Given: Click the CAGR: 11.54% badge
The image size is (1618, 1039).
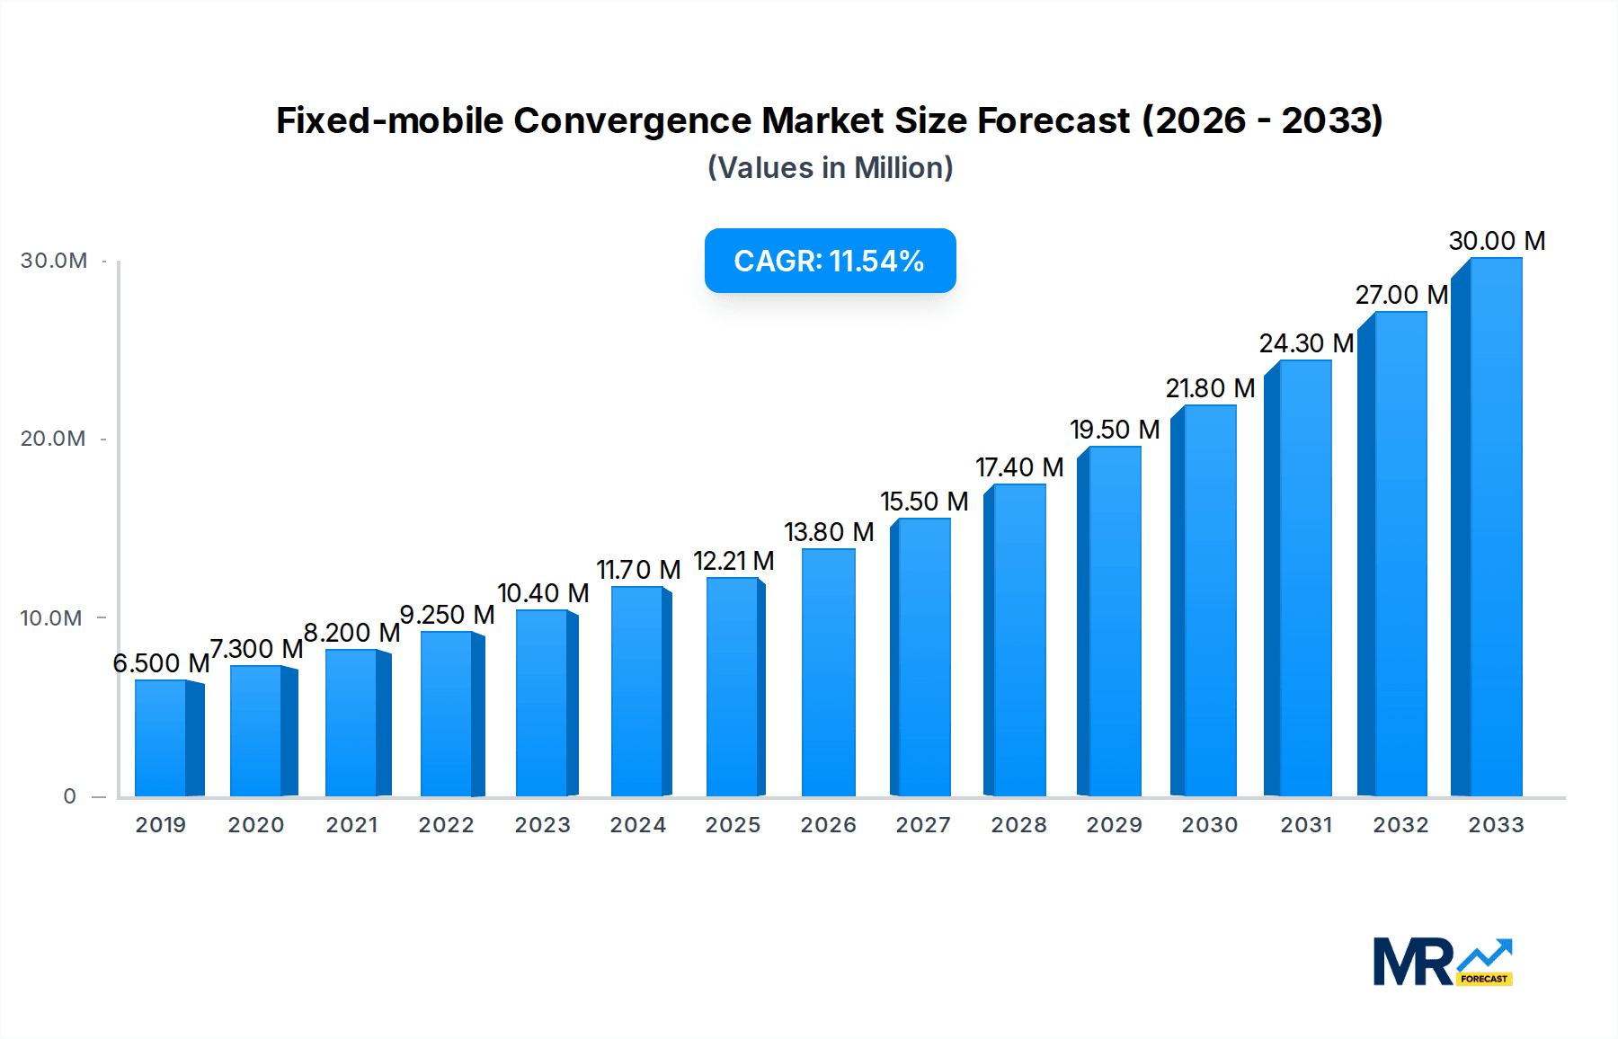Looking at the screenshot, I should pyautogui.click(x=830, y=261).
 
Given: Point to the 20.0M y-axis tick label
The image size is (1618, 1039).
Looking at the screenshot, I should pyautogui.click(x=53, y=439).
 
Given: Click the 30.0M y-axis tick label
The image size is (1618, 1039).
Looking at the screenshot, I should pyautogui.click(x=53, y=261).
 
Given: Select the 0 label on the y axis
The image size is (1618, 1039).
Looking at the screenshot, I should pyautogui.click(x=69, y=796).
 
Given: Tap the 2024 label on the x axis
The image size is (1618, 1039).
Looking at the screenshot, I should pyautogui.click(x=637, y=825).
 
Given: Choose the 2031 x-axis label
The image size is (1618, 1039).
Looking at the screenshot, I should pyautogui.click(x=1305, y=825).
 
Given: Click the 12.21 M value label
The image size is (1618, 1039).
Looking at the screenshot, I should pyautogui.click(x=733, y=561).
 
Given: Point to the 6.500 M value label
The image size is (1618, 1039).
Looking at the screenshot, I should pyautogui.click(x=161, y=663).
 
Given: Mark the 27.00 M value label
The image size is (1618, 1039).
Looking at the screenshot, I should pyautogui.click(x=1401, y=295).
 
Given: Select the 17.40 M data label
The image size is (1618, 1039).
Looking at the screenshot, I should pyautogui.click(x=1019, y=467).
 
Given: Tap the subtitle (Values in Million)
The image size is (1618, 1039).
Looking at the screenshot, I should pyautogui.click(x=830, y=168).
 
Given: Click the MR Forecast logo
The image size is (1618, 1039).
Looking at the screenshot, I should pyautogui.click(x=1442, y=962).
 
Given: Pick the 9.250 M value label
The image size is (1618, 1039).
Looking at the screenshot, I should pyautogui.click(x=447, y=615).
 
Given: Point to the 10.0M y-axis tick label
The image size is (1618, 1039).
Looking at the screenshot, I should pyautogui.click(x=51, y=618).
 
